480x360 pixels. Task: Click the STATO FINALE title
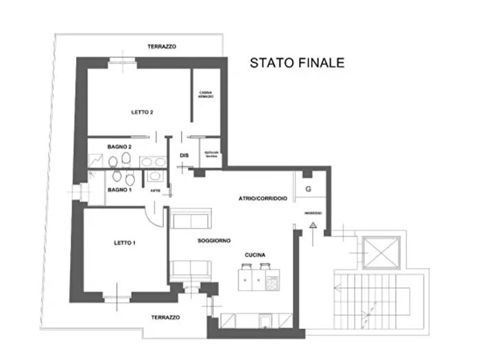pos(297,63)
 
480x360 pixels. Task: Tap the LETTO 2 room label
pos(142,112)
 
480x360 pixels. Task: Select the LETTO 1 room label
pos(125,243)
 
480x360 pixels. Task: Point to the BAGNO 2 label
pos(119,147)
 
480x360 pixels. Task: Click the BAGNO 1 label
pos(119,189)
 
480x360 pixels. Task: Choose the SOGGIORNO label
pos(214,241)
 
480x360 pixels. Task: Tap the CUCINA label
pos(256,255)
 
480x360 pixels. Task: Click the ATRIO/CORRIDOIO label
pos(263,198)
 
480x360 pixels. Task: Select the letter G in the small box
pos(308,189)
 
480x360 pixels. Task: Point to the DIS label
pos(184,156)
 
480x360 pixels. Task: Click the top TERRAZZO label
pos(162,47)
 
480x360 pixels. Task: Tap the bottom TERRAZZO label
pos(166,317)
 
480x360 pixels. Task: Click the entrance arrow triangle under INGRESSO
pos(312,225)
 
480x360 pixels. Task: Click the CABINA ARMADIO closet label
pos(206,95)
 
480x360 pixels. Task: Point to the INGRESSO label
pos(312,213)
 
